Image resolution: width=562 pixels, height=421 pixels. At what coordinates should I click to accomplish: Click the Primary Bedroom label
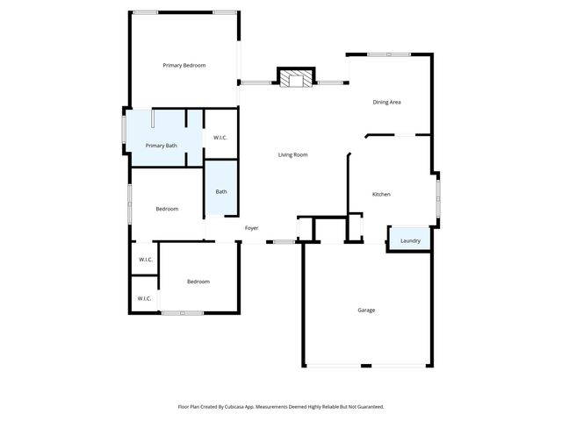coord(184,66)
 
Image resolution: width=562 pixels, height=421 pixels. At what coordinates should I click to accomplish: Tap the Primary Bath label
coord(161,146)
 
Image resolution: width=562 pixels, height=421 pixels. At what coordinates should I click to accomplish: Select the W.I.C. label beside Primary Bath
coord(220,138)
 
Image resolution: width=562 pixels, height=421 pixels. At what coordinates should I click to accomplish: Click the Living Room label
coord(292,155)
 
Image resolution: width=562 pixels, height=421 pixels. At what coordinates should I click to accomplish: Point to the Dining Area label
coord(386,103)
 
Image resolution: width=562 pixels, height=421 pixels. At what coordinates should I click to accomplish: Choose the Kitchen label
coord(381,195)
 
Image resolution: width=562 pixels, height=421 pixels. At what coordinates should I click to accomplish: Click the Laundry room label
coord(410,241)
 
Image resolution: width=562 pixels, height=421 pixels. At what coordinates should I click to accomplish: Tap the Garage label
coord(366,310)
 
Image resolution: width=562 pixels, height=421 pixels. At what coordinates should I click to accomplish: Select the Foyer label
coord(251,228)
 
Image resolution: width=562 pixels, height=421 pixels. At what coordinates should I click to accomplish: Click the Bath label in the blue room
coord(221,192)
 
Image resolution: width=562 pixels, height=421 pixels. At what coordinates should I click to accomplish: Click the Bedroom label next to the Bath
coord(167,209)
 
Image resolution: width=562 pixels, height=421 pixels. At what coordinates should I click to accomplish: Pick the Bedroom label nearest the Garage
coord(198,282)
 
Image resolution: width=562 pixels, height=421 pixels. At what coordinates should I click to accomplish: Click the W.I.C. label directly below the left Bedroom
coord(145,260)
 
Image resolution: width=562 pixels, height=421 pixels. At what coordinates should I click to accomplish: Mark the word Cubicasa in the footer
coord(234,407)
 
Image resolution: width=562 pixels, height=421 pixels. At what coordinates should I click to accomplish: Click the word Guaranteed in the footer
coord(365,407)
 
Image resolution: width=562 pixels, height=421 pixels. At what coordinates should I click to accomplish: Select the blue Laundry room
coord(409,240)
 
